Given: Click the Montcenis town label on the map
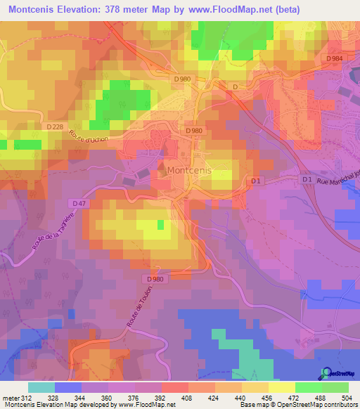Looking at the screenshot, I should click(x=191, y=171).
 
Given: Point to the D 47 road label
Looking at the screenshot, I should click(x=78, y=203).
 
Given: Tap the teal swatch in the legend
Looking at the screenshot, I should click(x=41, y=387).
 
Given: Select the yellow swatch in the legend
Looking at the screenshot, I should click(x=282, y=387).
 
